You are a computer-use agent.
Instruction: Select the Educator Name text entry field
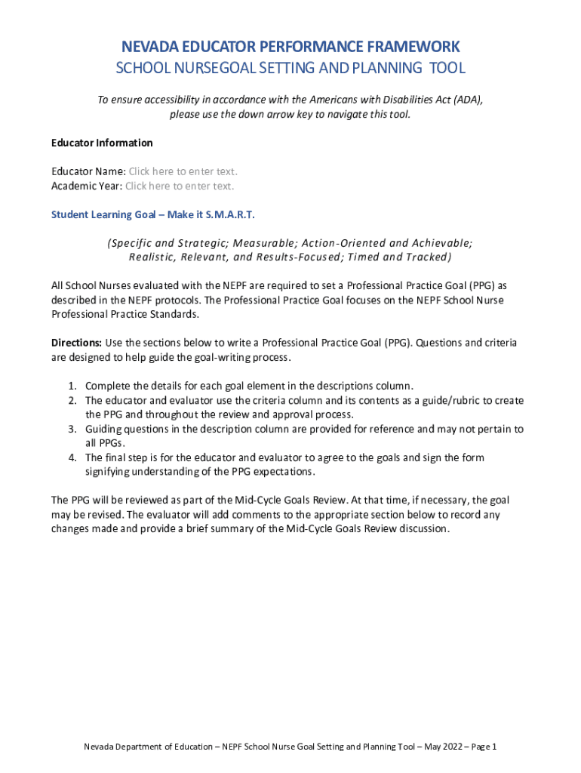coord(183,171)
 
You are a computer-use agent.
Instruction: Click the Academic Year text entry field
coord(180,186)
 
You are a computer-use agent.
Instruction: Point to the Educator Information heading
coord(102,143)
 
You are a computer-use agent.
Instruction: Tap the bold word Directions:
coord(76,343)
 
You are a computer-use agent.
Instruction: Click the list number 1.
coord(72,386)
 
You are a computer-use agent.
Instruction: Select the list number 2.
coord(72,400)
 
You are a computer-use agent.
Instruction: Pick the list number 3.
coord(72,429)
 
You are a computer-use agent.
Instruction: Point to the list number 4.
coord(72,457)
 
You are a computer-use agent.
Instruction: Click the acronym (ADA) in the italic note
coord(468,100)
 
